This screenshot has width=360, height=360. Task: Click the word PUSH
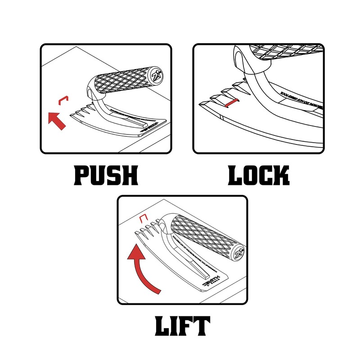pyautogui.click(x=106, y=175)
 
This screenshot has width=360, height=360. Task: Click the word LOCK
pyautogui.click(x=258, y=175)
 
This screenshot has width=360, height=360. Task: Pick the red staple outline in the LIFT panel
pyautogui.click(x=144, y=219)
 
